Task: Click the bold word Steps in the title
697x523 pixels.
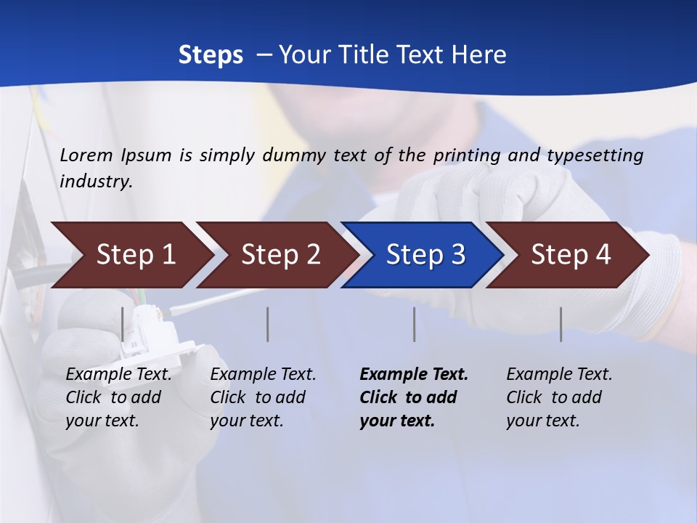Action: click(x=211, y=55)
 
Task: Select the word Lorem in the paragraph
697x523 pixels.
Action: click(x=86, y=155)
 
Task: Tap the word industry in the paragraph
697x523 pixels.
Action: click(x=95, y=182)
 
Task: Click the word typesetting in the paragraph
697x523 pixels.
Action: click(x=595, y=155)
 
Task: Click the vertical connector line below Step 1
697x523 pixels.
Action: click(x=123, y=324)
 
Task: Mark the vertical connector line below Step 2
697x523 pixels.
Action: click(x=268, y=324)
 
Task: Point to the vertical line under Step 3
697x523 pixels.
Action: click(x=414, y=324)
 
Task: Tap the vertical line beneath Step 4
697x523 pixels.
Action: click(x=561, y=324)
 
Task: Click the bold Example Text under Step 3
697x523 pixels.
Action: click(x=414, y=397)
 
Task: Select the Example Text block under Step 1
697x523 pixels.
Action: click(x=118, y=397)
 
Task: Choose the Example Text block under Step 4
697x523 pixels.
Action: click(x=559, y=397)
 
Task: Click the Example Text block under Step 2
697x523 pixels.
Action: click(x=263, y=397)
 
